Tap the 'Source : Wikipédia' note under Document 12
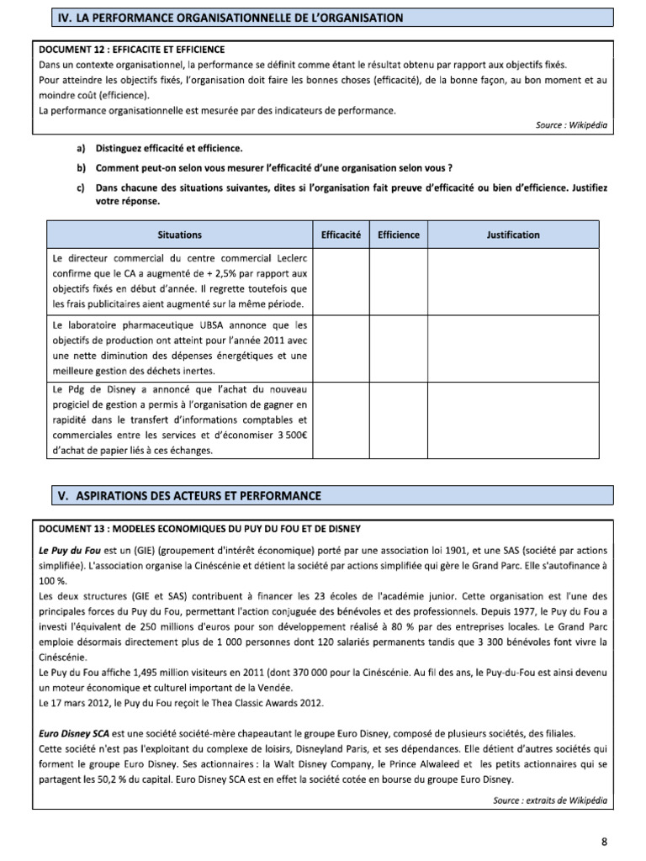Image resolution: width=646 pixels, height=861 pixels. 569,124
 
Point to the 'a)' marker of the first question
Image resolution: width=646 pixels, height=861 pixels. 82,148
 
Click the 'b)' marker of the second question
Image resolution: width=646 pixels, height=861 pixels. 82,167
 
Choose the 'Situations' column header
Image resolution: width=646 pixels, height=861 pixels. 179,235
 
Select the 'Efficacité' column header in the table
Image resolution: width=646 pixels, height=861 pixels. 341,235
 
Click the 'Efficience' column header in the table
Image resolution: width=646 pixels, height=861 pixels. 398,235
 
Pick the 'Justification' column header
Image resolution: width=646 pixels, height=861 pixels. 513,235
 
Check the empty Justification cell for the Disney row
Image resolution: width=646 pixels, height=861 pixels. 513,420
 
